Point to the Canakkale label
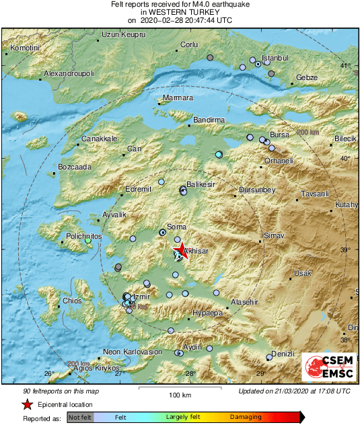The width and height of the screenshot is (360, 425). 100,139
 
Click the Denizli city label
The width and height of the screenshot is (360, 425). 283,354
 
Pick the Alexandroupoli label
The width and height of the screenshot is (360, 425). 69,73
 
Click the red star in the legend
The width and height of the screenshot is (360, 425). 26,404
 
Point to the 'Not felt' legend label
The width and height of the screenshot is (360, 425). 80,417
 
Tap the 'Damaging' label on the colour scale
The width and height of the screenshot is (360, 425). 246,417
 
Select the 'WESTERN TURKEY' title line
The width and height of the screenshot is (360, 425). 180,12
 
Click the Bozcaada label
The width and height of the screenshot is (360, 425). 75,167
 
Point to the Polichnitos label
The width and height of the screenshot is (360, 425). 84,237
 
